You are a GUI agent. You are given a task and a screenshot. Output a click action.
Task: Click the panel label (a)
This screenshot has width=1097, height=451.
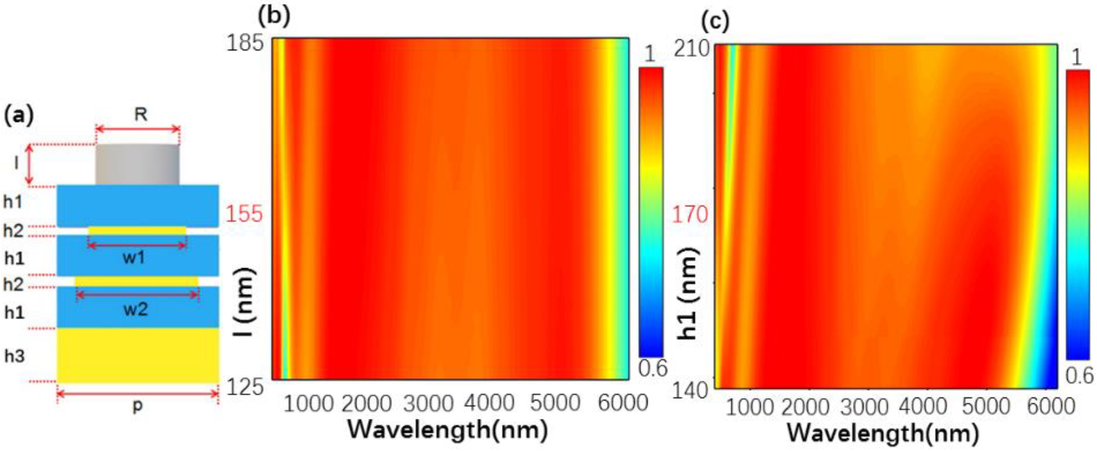click(x=19, y=116)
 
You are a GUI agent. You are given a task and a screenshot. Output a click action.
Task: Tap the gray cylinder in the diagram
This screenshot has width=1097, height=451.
click(x=137, y=165)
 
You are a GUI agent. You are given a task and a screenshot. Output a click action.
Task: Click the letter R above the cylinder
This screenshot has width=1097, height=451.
click(x=141, y=114)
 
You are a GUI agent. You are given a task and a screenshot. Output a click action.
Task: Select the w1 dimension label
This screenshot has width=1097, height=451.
click(x=134, y=258)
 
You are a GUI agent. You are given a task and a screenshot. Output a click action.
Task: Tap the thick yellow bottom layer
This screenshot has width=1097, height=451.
click(x=137, y=355)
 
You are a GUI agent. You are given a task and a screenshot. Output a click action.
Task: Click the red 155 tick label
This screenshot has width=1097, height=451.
click(x=244, y=214)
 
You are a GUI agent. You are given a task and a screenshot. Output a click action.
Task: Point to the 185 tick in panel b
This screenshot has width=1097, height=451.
click(x=244, y=44)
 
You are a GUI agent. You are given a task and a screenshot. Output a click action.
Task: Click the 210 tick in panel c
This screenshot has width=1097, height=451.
click(x=690, y=50)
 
